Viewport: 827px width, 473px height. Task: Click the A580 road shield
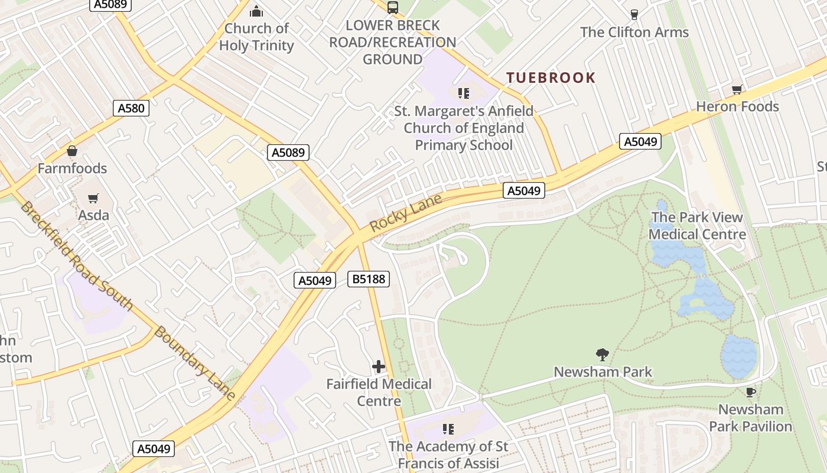click(x=131, y=108)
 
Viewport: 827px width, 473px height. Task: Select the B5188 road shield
click(x=369, y=279)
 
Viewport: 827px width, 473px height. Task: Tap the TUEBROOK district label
click(x=551, y=77)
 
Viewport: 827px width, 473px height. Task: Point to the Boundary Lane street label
click(x=194, y=363)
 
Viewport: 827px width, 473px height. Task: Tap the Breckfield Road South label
click(x=76, y=255)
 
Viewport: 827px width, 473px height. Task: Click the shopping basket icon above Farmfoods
click(x=72, y=151)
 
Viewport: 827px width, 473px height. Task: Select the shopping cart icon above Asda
click(x=93, y=198)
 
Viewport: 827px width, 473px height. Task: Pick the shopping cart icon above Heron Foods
click(x=737, y=90)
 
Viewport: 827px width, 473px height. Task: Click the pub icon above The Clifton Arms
click(x=634, y=15)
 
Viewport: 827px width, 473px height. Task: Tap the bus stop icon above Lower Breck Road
click(x=392, y=8)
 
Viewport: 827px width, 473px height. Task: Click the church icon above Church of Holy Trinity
click(x=256, y=11)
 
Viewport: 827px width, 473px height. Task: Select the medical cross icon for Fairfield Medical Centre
click(x=379, y=367)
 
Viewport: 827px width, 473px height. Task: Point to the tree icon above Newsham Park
click(x=603, y=355)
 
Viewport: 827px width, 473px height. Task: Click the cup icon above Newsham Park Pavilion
click(x=750, y=392)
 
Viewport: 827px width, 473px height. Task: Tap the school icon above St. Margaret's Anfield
click(x=464, y=93)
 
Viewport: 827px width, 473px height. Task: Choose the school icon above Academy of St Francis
click(x=448, y=429)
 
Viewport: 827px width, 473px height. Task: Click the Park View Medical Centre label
click(x=697, y=226)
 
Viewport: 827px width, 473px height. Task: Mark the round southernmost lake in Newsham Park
click(x=738, y=356)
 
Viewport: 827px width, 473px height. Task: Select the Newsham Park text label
click(x=603, y=372)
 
